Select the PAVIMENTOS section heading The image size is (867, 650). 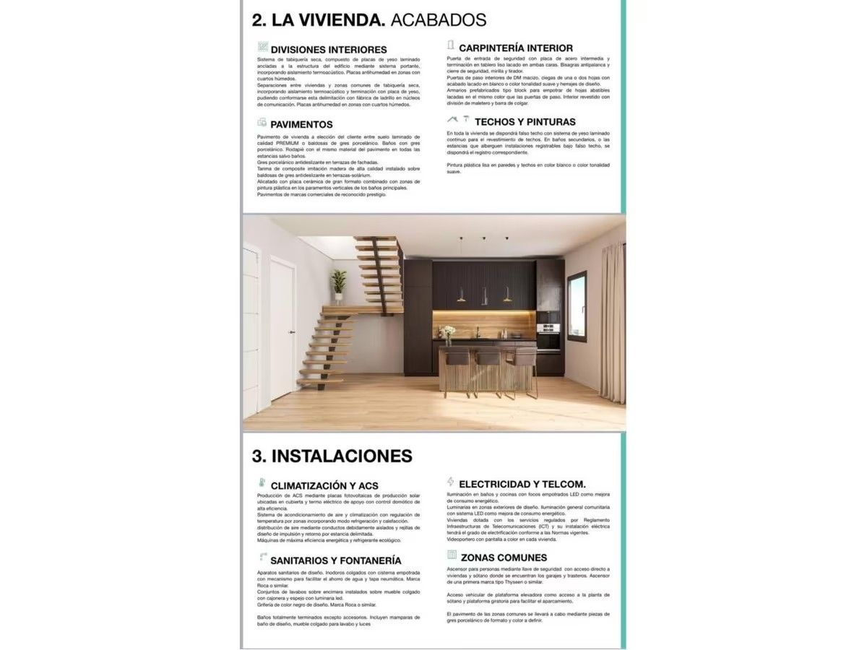click(x=301, y=124)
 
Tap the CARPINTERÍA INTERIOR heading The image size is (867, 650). click(x=516, y=48)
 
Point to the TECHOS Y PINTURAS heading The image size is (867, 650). click(x=525, y=122)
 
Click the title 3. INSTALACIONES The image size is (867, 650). click(x=332, y=456)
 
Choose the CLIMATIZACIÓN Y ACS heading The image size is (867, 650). click(x=324, y=485)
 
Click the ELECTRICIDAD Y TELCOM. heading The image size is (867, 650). click(x=522, y=484)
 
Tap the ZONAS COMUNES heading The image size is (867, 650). click(x=504, y=557)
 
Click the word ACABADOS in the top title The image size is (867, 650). click(x=438, y=19)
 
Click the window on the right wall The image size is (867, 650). click(x=577, y=306)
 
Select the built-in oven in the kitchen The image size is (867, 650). click(x=548, y=338)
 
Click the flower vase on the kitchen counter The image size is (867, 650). click(x=448, y=333)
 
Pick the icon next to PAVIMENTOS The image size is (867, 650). click(x=262, y=123)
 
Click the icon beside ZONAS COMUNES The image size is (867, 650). click(x=452, y=555)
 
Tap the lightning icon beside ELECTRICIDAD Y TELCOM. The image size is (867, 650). click(x=451, y=482)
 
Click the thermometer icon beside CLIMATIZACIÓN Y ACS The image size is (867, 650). click(x=262, y=483)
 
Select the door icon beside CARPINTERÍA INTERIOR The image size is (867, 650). click(x=451, y=45)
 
